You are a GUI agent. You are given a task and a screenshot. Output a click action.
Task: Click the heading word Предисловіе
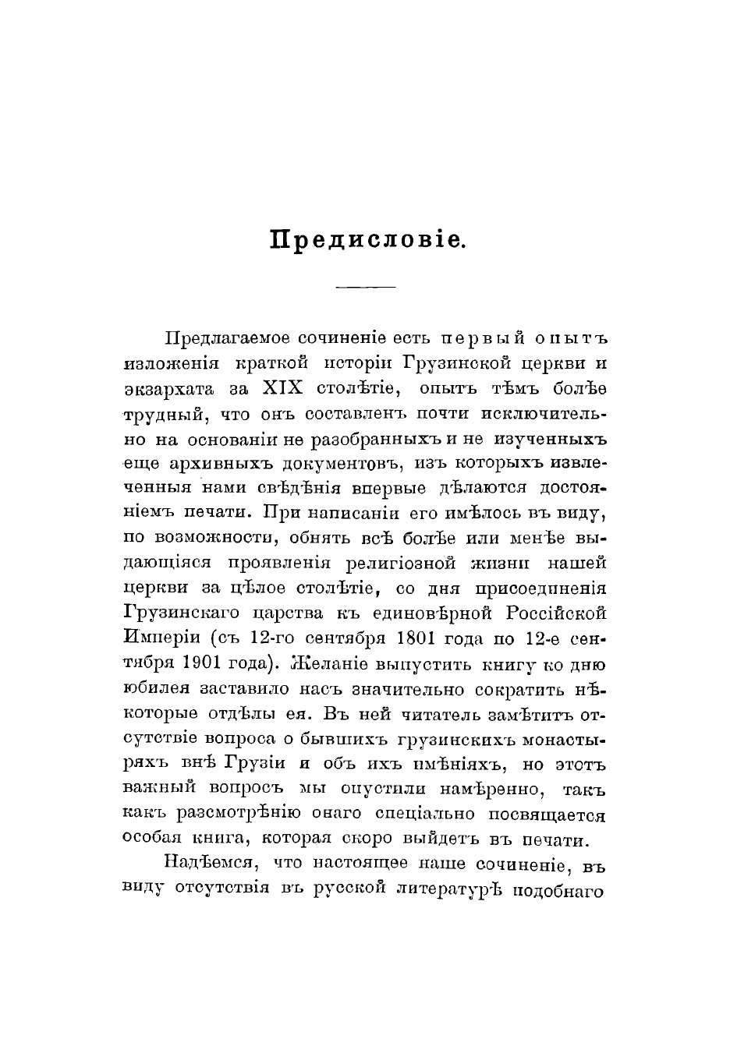click(x=367, y=239)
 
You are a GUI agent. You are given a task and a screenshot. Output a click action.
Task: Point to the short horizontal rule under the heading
click(x=365, y=288)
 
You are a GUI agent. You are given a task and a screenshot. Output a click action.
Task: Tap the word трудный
click(x=163, y=414)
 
